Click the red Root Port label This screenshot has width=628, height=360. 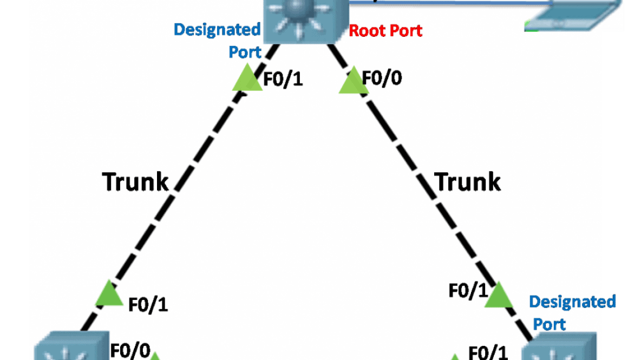click(385, 30)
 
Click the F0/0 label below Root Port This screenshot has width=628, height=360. click(382, 78)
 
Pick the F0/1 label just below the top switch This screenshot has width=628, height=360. click(283, 80)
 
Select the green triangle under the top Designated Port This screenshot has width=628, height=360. click(247, 78)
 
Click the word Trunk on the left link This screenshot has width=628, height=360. click(136, 181)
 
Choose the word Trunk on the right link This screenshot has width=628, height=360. click(468, 181)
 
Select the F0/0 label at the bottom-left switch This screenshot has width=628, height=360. click(130, 350)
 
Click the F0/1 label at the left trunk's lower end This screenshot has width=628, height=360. click(148, 305)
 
